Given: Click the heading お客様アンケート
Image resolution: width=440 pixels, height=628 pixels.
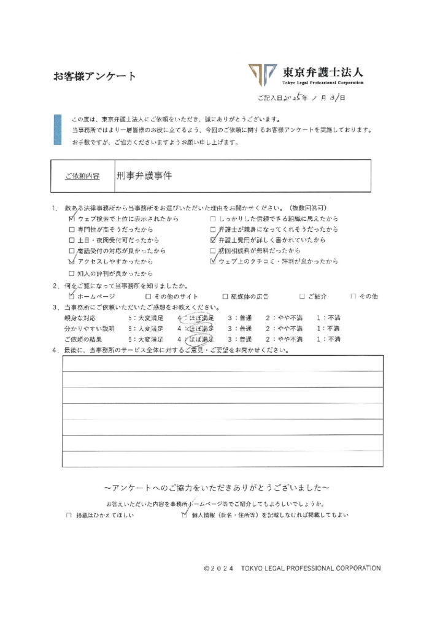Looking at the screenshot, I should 95,77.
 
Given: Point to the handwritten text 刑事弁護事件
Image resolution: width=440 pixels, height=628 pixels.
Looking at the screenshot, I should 144,175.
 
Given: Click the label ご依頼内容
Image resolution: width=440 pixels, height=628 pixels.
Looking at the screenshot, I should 82,176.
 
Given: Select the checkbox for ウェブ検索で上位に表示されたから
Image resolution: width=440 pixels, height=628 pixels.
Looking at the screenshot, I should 72,218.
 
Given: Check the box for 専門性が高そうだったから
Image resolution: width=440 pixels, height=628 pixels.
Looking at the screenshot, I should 72,229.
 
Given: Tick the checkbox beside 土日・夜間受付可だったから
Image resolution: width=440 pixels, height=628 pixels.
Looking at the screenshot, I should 72,240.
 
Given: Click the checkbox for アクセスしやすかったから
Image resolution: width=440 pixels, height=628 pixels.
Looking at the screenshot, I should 72,261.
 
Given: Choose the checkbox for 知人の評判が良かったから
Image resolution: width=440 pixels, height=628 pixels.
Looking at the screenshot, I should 72,272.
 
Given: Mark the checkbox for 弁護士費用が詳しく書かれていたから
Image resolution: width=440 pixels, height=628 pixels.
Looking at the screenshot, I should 213,240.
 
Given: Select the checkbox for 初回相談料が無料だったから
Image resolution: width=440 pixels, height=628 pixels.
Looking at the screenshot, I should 213,251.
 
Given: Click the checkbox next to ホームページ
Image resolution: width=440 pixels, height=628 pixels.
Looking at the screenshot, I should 72,296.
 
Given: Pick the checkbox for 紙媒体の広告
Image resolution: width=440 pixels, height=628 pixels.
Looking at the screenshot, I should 225,296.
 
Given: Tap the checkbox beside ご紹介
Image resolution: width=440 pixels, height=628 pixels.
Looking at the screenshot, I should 303,296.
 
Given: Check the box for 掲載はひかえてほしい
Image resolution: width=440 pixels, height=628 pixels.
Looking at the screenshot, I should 69,516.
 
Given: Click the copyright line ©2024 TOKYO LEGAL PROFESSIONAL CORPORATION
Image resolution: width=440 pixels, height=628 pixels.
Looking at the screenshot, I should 291,569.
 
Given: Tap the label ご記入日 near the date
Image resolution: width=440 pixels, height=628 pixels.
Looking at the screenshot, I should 270,98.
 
